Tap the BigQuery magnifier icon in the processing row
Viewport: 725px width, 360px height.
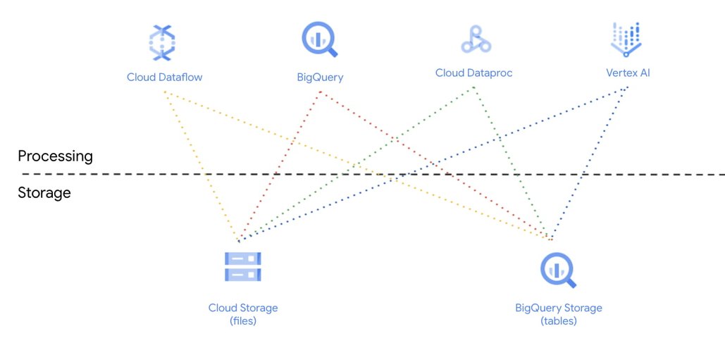click(x=319, y=39)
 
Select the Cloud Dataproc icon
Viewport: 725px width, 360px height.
click(x=476, y=39)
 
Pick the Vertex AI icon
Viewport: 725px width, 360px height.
click(x=626, y=39)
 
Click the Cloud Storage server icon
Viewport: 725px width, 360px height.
click(x=243, y=266)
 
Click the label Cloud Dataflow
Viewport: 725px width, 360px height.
click(x=164, y=77)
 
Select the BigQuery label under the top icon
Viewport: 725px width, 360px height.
click(x=320, y=77)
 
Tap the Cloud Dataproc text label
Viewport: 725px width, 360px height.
click(x=473, y=73)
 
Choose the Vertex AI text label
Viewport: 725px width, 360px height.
click(x=628, y=73)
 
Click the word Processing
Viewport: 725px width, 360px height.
click(x=55, y=156)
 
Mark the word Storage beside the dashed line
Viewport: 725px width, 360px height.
click(x=44, y=192)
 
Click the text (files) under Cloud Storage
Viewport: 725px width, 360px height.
click(x=242, y=321)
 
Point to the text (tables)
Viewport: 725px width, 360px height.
click(x=559, y=321)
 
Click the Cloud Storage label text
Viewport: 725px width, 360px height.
click(x=243, y=308)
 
